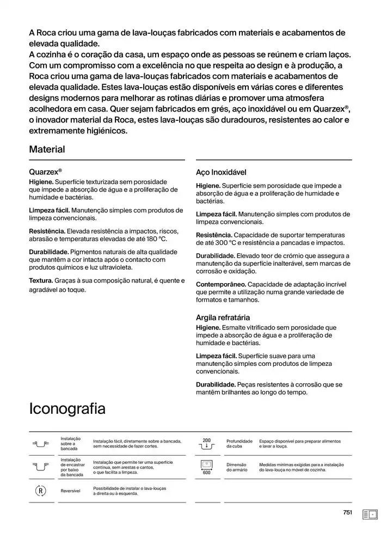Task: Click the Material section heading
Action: tap(47, 149)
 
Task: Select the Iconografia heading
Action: tap(67, 408)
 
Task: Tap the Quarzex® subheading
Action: tap(45, 170)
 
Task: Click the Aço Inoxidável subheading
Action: tap(221, 172)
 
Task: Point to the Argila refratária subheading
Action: tap(223, 317)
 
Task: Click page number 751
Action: tap(348, 512)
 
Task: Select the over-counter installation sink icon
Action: tap(40, 444)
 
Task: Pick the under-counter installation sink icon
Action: tap(40, 467)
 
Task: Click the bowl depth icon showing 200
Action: tap(206, 444)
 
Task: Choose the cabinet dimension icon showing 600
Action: tap(206, 467)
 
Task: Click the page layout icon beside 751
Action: tap(370, 514)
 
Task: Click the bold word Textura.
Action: tap(41, 281)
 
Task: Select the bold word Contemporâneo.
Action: tap(221, 284)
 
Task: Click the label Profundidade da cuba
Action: tap(239, 444)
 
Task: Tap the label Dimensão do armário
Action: tap(237, 467)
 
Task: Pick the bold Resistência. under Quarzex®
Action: tap(47, 231)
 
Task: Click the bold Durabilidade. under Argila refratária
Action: tap(216, 384)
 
